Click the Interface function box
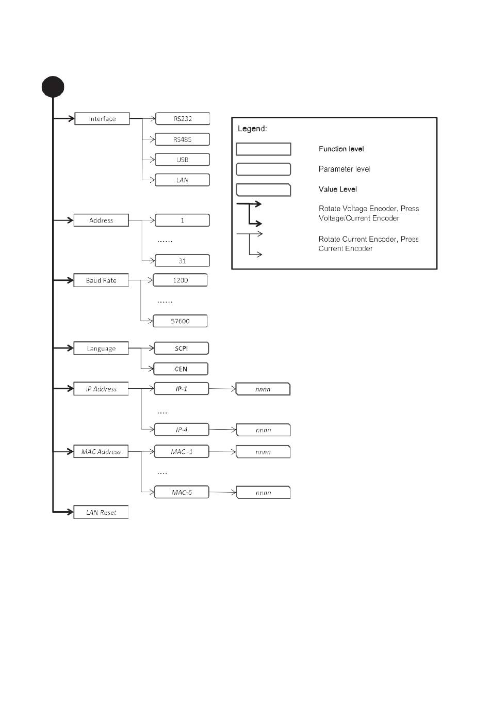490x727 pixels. tap(102, 118)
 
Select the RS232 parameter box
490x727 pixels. tap(183, 118)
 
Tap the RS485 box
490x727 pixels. tap(182, 139)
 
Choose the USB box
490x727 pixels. tap(182, 160)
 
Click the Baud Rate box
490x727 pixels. tap(101, 280)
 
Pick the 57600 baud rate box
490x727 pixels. tap(181, 321)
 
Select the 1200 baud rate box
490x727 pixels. tap(181, 280)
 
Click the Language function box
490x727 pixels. tap(101, 348)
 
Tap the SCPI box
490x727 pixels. tap(181, 348)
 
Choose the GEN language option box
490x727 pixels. tap(181, 369)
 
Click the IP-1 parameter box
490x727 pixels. tap(181, 388)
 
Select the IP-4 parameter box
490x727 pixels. tap(182, 430)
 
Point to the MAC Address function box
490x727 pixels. tap(101, 451)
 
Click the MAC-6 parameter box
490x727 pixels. tap(182, 492)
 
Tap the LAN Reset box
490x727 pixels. tap(101, 512)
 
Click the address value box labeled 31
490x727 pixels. tap(182, 261)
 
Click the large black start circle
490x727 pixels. tap(53, 87)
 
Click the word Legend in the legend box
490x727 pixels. tap(252, 129)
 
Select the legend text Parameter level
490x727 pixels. tap(344, 169)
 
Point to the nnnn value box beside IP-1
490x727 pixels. tap(263, 389)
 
